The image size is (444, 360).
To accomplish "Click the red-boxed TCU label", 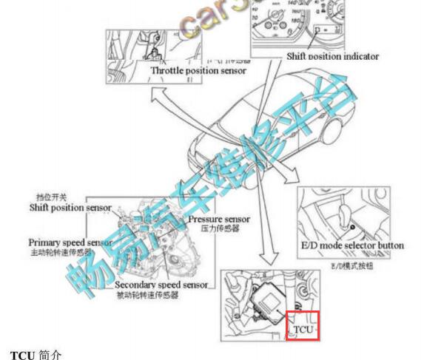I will click(302, 326).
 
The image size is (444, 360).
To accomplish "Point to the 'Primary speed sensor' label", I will click(71, 242).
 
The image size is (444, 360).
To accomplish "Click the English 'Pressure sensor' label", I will click(219, 220).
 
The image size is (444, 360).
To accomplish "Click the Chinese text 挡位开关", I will click(52, 197).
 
